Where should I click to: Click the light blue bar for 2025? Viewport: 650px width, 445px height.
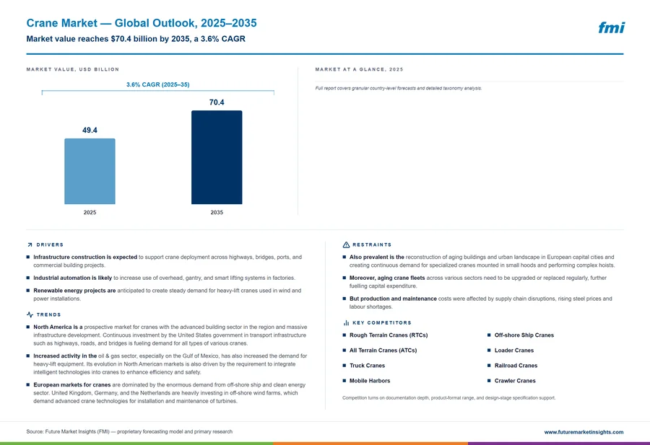click(90, 171)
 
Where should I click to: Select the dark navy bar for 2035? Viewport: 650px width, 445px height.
click(217, 157)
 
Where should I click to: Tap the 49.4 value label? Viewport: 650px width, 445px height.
click(90, 130)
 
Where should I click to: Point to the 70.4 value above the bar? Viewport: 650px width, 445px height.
click(217, 102)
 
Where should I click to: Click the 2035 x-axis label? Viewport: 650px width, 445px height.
click(217, 212)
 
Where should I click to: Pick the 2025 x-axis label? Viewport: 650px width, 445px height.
click(90, 212)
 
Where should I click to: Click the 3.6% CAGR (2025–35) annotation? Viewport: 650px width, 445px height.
click(158, 84)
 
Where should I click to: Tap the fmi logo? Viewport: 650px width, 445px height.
click(612, 27)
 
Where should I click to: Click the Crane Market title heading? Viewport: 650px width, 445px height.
click(142, 23)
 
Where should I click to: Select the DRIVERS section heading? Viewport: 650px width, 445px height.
click(50, 244)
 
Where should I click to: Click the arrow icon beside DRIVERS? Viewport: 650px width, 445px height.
click(30, 244)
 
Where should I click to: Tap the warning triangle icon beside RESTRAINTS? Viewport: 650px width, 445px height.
click(346, 244)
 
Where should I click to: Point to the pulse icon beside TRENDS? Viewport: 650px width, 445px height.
click(30, 314)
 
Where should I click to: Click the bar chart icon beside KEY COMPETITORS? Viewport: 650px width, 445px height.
click(346, 322)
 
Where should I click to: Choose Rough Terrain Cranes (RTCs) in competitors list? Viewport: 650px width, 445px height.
click(389, 335)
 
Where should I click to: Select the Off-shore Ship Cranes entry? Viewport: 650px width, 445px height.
click(524, 335)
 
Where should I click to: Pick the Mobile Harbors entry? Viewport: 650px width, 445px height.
click(370, 380)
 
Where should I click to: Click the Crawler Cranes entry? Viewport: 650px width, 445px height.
click(515, 380)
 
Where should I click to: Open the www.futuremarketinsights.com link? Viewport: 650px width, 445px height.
click(584, 432)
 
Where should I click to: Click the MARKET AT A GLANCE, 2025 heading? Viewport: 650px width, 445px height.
click(359, 69)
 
